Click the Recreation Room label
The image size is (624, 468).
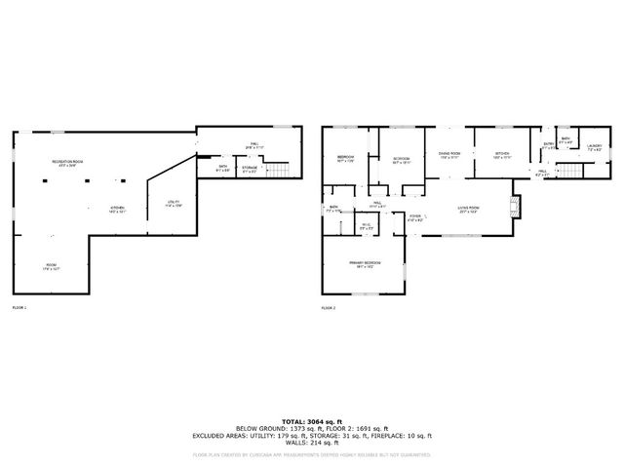tap(67, 163)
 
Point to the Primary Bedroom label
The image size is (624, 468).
tap(365, 263)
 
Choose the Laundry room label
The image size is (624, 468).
tap(595, 148)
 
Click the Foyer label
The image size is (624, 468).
tap(415, 217)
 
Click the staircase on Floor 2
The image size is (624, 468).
tap(570, 172)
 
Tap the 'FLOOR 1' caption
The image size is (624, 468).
tap(19, 308)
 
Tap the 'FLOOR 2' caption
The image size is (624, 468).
tap(328, 308)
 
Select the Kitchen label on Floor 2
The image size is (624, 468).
tap(501, 155)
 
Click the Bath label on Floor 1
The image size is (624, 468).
tap(223, 169)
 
